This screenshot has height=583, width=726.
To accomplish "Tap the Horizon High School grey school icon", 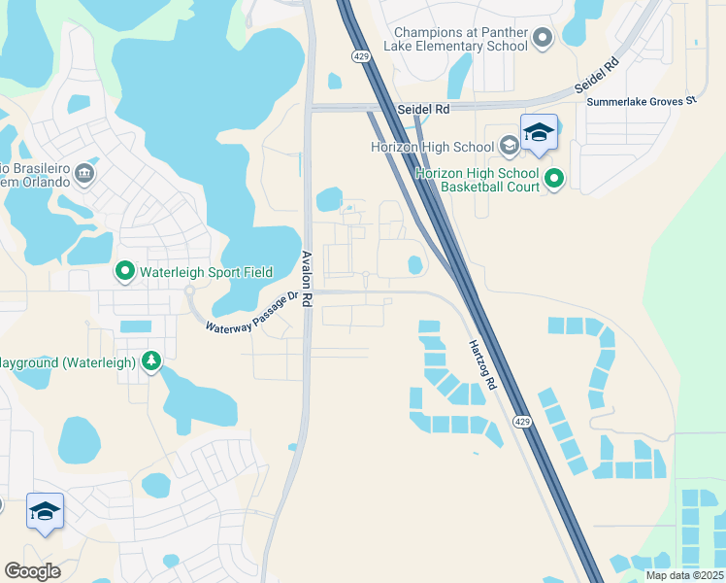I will click(509, 147).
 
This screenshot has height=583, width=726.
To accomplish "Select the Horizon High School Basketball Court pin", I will click(554, 179).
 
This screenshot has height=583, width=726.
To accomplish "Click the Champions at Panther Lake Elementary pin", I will click(543, 39).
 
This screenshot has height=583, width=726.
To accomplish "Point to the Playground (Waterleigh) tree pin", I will click(151, 362).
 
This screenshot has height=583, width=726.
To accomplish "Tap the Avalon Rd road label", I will click(306, 280).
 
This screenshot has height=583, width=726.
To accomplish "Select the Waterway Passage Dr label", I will click(251, 313).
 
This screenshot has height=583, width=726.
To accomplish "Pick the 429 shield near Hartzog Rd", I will click(522, 421).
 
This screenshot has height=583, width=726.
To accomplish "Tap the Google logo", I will click(32, 570).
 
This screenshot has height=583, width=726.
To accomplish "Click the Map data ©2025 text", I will click(684, 575).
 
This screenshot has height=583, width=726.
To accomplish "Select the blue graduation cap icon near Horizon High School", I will click(539, 132).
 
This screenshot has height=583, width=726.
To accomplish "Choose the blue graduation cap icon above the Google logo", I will click(45, 511).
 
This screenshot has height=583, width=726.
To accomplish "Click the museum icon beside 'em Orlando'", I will click(84, 174).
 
